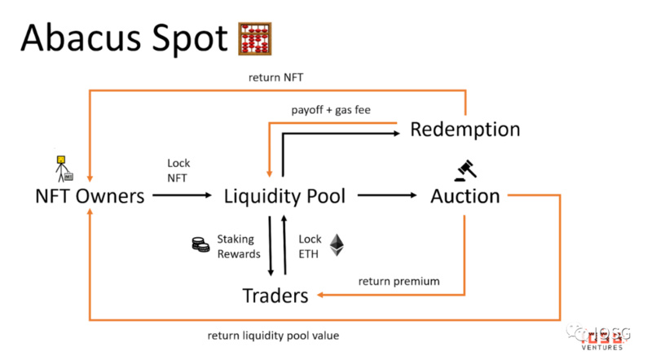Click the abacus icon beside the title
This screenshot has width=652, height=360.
(253, 39)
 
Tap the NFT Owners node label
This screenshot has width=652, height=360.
(90, 196)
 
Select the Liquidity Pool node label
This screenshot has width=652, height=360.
(284, 196)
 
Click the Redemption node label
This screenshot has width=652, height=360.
(465, 130)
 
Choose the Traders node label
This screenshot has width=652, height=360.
(275, 295)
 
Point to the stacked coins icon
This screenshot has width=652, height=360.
(200, 244)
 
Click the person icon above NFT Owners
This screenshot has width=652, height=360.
(63, 168)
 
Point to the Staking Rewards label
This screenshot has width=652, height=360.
(236, 246)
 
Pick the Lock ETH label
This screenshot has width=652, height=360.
(310, 246)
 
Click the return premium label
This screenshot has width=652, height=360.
(399, 281)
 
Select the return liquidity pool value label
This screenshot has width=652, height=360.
(273, 335)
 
